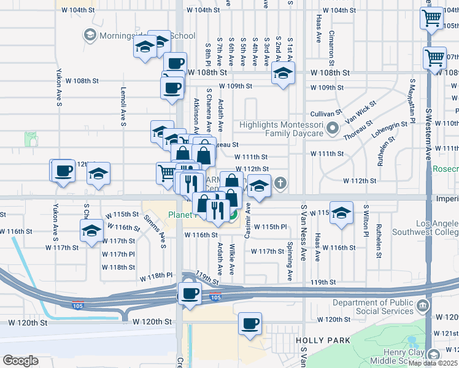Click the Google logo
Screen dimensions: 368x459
click(20, 361)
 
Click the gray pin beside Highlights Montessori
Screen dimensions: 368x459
click(333, 129)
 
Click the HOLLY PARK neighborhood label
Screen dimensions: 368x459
click(323, 340)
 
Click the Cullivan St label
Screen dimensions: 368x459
click(326, 113)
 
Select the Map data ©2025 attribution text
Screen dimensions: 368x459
click(433, 363)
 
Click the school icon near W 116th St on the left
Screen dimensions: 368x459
click(91, 231)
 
